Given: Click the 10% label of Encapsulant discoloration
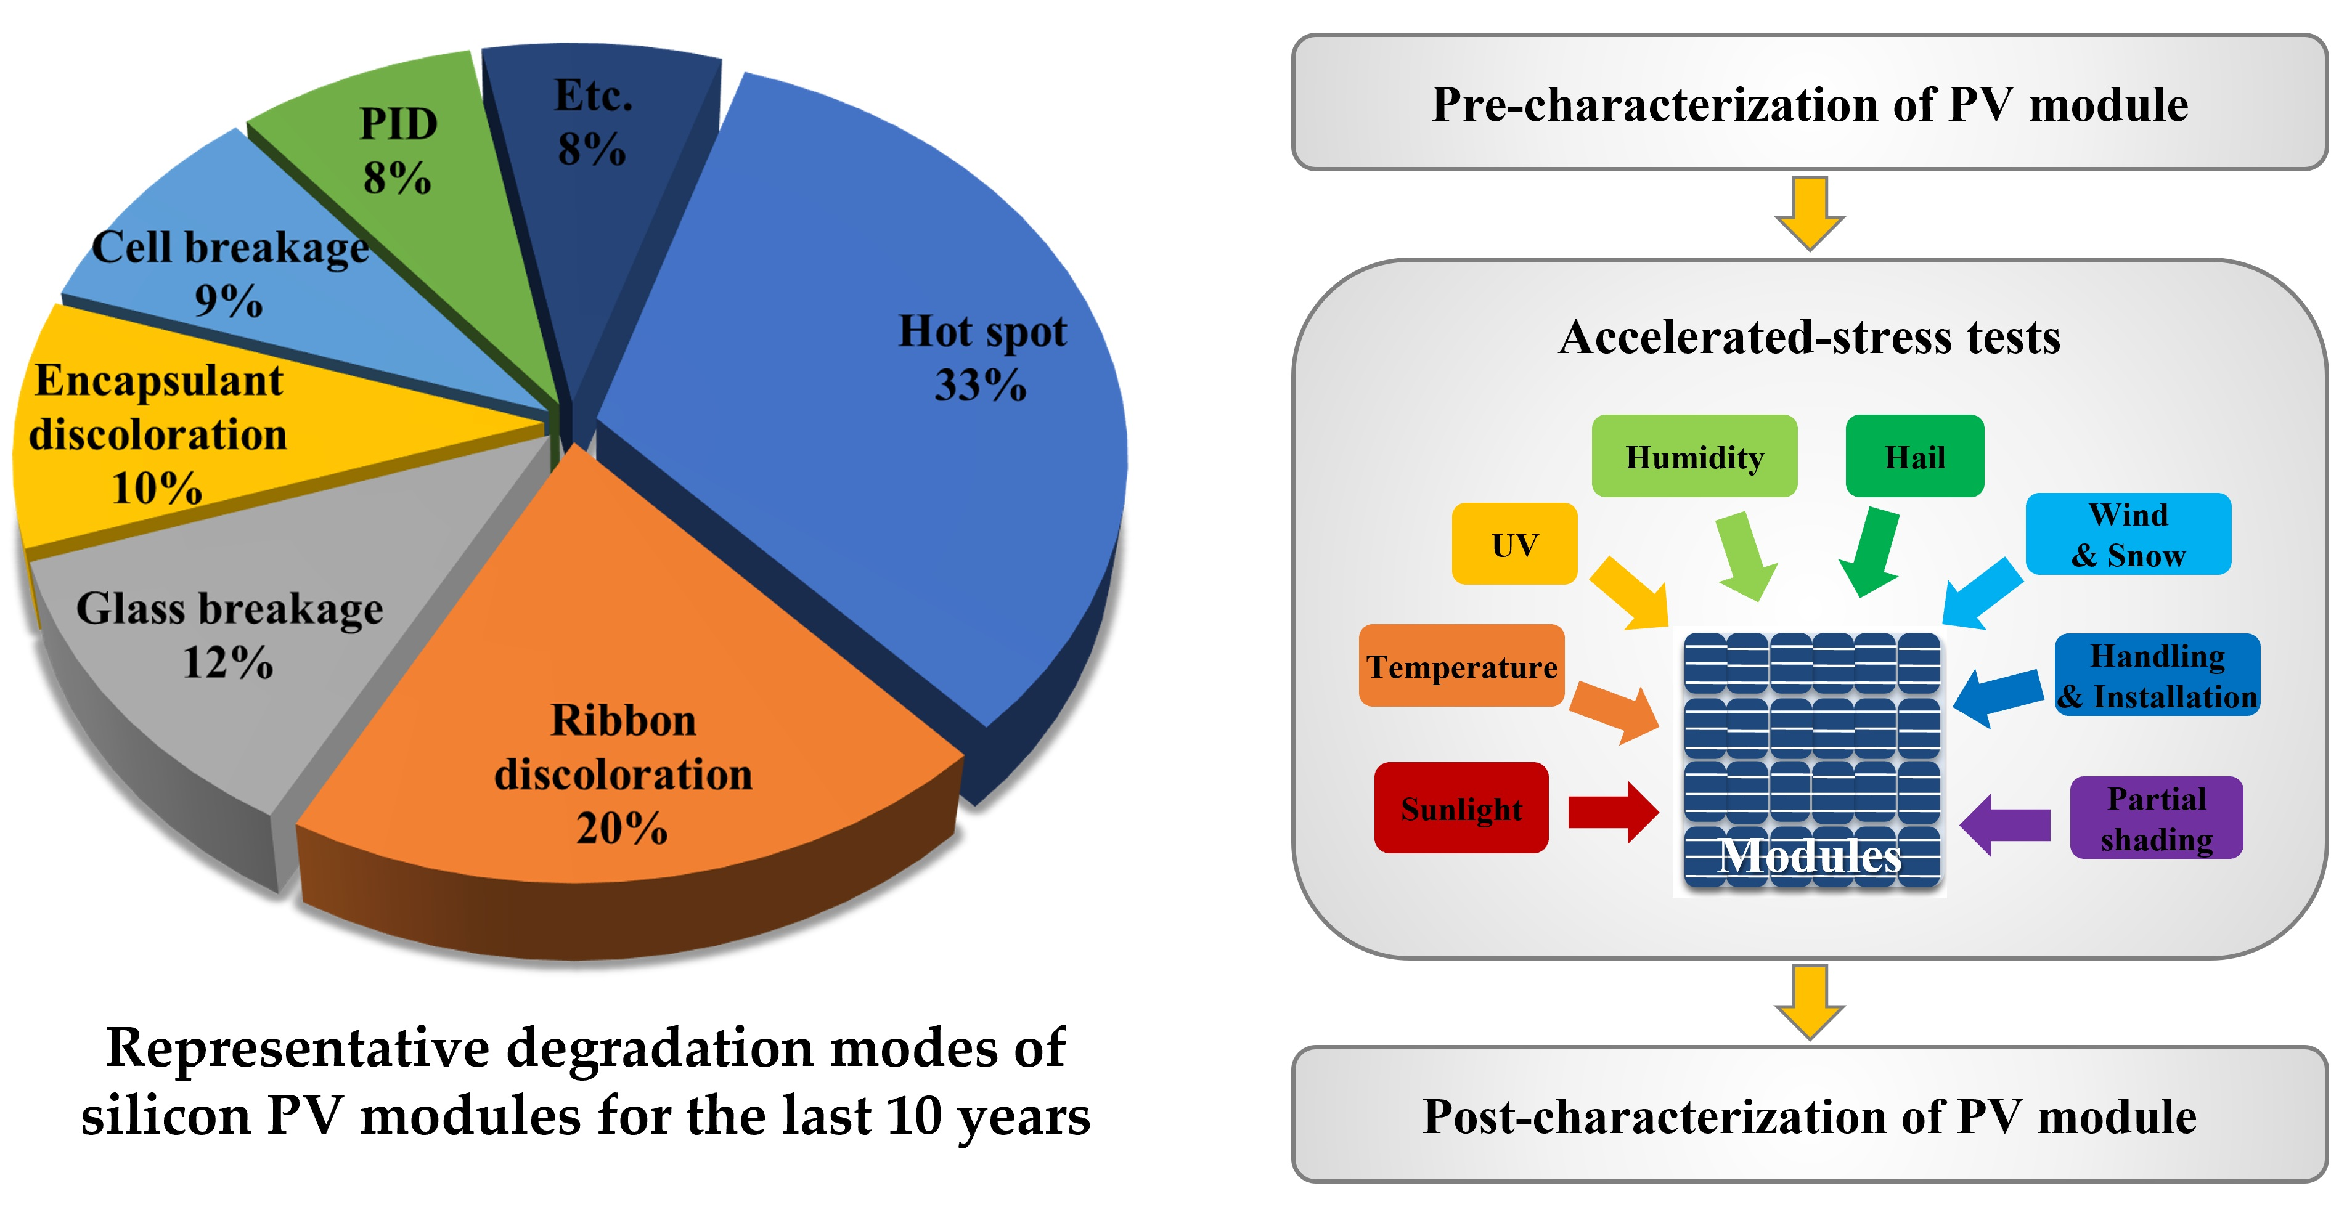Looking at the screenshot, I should [157, 489].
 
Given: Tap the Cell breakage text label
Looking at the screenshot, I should [230, 248].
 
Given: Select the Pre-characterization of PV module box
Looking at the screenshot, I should [1810, 103].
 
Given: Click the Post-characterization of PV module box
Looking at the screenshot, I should [1810, 1115].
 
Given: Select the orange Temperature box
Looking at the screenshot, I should [1461, 666].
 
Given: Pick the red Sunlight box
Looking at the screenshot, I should [1461, 808].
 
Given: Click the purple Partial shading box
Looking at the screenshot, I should [2157, 818].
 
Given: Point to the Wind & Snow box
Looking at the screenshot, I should [2128, 534].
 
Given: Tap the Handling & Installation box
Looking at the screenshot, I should [2157, 675].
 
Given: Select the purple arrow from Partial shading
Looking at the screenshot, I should [2004, 824].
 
